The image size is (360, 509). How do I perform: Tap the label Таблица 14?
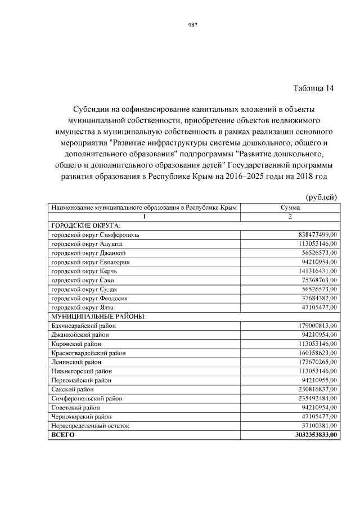313,88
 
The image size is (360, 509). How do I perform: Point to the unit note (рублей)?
321,196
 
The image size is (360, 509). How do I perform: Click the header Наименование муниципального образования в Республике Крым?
144,208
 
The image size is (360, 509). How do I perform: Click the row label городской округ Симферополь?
99,234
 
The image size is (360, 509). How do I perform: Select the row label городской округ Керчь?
86,271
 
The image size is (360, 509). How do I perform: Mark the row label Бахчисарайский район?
84,326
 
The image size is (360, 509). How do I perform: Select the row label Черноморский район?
82,417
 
